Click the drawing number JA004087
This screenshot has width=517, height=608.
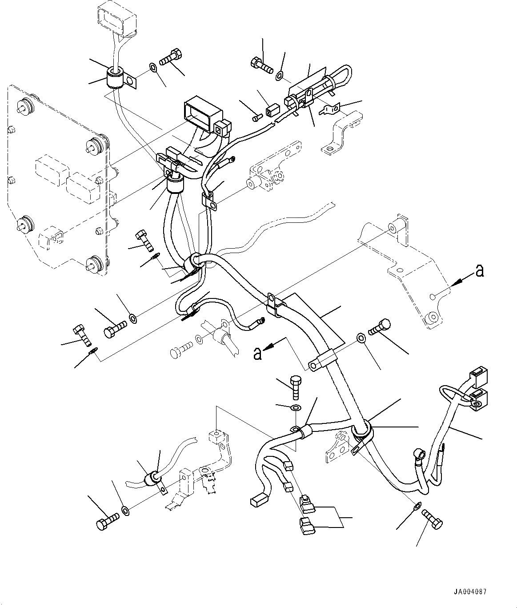click(x=470, y=592)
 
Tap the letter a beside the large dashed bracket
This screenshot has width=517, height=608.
click(x=479, y=270)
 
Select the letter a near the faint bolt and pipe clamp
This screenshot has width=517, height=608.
click(x=257, y=354)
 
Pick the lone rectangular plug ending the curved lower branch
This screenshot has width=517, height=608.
click(x=258, y=501)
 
